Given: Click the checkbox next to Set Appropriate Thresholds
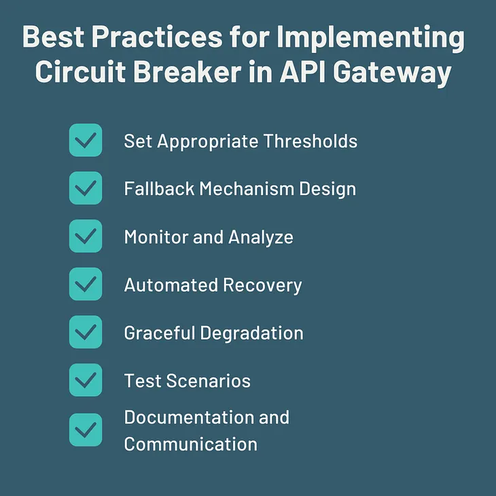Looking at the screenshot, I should [x=86, y=141].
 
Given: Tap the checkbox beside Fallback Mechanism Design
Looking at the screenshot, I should [x=86, y=188].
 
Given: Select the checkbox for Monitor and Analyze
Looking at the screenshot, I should [x=86, y=236].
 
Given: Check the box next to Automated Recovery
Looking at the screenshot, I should [x=86, y=284].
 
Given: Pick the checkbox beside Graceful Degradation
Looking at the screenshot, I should [x=86, y=332].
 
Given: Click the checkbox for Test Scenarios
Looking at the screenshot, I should [x=86, y=380].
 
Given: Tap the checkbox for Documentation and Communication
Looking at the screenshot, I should [x=86, y=430].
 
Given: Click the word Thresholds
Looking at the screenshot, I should [x=311, y=141].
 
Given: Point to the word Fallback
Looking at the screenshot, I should [x=159, y=189].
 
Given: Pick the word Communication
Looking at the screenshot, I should [x=190, y=444].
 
